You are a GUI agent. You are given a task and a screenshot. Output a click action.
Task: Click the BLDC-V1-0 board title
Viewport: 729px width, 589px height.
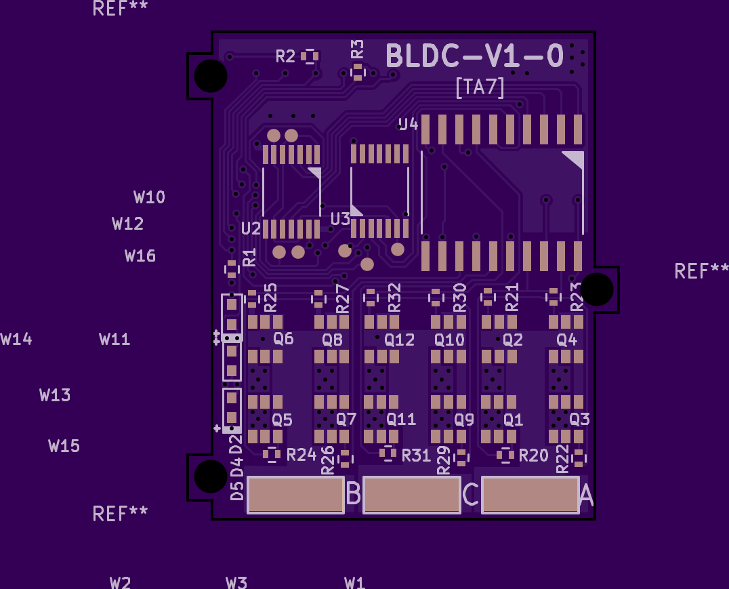[x=474, y=57]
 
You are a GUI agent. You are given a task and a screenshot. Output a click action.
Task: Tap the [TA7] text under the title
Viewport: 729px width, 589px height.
[x=480, y=87]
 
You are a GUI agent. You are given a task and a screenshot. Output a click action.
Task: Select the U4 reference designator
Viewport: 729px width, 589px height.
[x=409, y=124]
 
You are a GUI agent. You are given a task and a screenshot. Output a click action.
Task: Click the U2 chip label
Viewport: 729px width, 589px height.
[x=251, y=228]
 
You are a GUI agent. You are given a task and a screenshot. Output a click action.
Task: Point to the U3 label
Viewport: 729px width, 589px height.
[x=340, y=219]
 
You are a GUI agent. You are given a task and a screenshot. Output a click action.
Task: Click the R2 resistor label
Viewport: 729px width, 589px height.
[x=285, y=56]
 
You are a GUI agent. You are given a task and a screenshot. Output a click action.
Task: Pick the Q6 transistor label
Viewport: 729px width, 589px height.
[x=283, y=338]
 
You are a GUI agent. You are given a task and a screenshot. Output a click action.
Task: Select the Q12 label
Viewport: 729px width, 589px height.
[x=399, y=340]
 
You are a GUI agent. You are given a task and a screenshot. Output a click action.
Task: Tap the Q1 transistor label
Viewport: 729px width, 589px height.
[x=513, y=420]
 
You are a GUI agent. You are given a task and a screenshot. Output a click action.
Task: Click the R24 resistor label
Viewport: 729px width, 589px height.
[x=301, y=454]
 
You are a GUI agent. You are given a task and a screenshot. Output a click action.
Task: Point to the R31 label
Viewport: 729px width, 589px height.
[x=416, y=455]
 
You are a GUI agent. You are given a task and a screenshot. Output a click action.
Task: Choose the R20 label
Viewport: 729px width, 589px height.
[x=533, y=455]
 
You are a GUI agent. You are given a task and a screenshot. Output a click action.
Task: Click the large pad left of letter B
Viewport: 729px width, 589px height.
[x=295, y=495]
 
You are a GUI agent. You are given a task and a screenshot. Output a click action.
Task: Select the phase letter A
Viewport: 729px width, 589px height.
[x=586, y=495]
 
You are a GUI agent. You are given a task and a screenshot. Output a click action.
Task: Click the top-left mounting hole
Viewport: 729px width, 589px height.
[x=211, y=76]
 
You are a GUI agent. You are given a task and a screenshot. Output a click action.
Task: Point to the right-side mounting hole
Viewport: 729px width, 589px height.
[x=597, y=289]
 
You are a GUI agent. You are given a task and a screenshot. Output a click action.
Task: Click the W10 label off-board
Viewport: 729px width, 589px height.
[x=149, y=197]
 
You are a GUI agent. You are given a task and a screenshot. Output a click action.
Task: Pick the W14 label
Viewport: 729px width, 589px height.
[x=16, y=339]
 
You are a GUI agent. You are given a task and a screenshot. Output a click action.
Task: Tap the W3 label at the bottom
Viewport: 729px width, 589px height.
[x=236, y=582]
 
